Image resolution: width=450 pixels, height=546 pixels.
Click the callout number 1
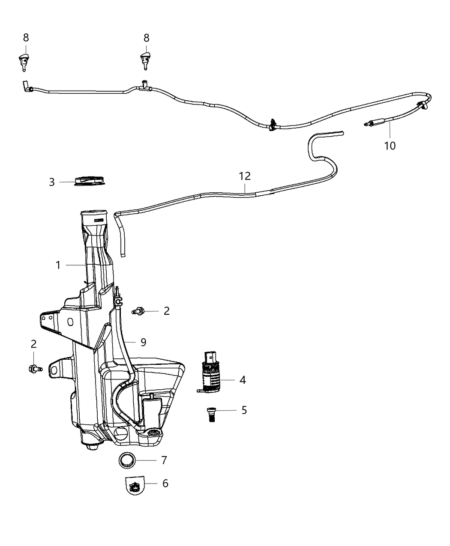pyautogui.click(x=58, y=265)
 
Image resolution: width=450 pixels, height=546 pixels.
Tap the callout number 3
pyautogui.click(x=52, y=182)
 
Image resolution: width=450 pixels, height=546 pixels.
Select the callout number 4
pyautogui.click(x=243, y=379)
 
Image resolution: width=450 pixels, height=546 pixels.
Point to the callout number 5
pyautogui.click(x=244, y=410)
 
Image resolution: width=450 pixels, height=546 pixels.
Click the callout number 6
pyautogui.click(x=165, y=483)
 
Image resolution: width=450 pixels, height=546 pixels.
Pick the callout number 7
pyautogui.click(x=164, y=460)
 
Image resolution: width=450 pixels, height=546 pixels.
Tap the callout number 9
pyautogui.click(x=143, y=342)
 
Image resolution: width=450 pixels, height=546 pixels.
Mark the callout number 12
pyautogui.click(x=245, y=176)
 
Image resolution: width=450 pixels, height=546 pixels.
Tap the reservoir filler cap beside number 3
pyautogui.click(x=90, y=181)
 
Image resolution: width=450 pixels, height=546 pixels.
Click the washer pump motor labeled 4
pyautogui.click(x=210, y=373)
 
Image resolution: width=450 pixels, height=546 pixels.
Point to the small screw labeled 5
pyautogui.click(x=210, y=415)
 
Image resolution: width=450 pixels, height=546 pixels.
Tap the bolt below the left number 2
pyautogui.click(x=35, y=368)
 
